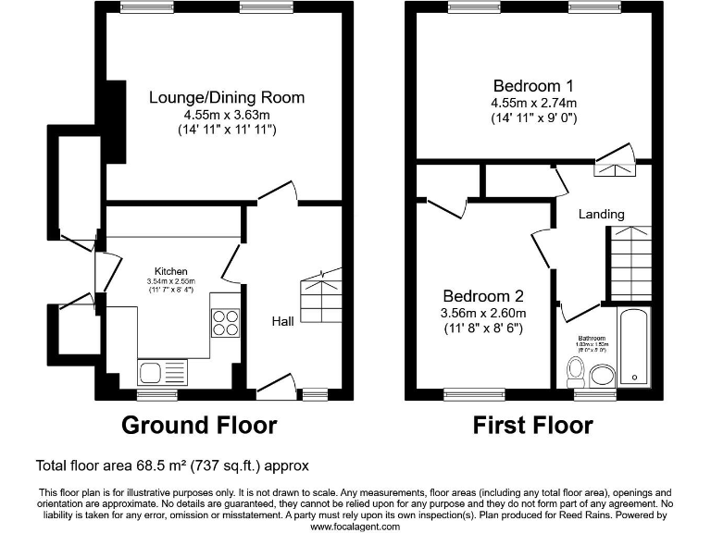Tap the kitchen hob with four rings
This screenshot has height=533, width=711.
click(226, 321)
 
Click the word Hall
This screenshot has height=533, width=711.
click(282, 321)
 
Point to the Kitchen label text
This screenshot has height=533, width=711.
click(171, 271)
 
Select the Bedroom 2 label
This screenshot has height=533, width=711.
click(482, 296)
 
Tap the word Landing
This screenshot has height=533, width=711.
click(601, 214)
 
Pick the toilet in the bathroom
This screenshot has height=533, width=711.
click(575, 374)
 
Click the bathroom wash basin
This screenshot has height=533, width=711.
click(603, 375)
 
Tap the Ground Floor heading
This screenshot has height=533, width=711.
click(199, 426)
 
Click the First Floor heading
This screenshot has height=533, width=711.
click(532, 426)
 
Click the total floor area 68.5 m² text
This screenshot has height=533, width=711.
click(171, 465)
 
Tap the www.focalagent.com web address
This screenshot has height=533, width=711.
click(355, 526)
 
